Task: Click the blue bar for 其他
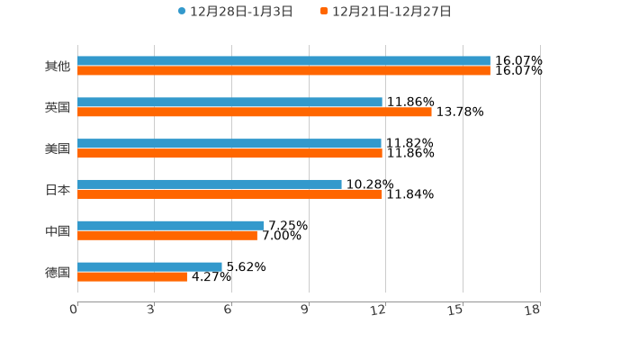click(x=283, y=61)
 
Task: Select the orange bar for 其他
click(x=283, y=71)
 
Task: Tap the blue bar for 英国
click(x=229, y=103)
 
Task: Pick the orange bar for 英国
click(x=255, y=112)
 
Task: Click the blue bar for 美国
click(x=229, y=143)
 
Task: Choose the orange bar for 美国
click(x=229, y=154)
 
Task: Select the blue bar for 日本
click(x=210, y=184)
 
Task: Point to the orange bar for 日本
click(x=229, y=194)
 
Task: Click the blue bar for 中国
click(x=171, y=226)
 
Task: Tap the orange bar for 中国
click(x=167, y=236)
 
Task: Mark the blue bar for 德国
click(x=149, y=266)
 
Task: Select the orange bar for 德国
click(x=132, y=277)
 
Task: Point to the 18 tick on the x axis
click(x=533, y=310)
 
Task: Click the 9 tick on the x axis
click(x=305, y=310)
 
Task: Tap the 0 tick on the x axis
click(x=74, y=310)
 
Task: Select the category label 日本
click(x=58, y=190)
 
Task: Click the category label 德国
click(x=58, y=272)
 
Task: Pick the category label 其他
click(x=58, y=67)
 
